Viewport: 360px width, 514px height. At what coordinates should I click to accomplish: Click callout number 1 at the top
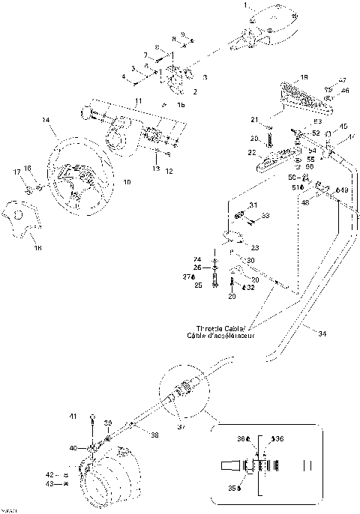tap(244, 6)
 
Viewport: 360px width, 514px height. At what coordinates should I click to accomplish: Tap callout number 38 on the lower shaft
tap(155, 434)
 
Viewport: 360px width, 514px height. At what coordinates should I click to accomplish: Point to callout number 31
tap(252, 206)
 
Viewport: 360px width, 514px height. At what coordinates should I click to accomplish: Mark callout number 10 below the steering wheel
tap(126, 181)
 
